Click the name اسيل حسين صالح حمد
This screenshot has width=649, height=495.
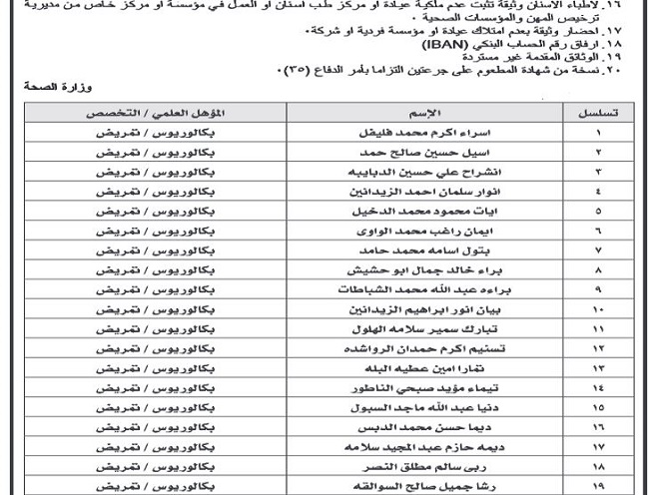pos(408,152)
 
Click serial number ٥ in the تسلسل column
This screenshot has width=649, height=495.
pos(599,211)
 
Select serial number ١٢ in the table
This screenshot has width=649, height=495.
pos(599,348)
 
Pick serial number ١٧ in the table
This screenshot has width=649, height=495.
pos(599,447)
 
